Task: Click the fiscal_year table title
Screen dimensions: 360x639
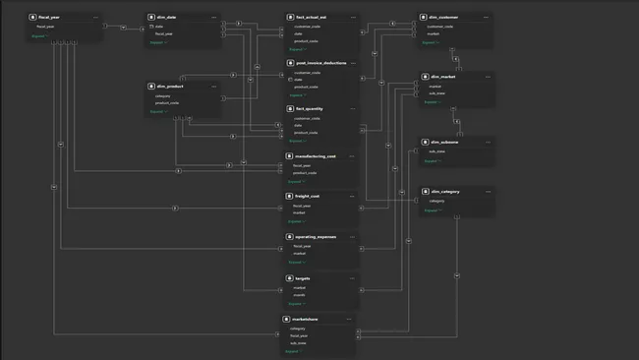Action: click(x=48, y=17)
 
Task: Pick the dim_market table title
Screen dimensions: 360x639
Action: click(x=444, y=76)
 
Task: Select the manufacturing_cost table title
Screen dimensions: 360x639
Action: click(x=317, y=155)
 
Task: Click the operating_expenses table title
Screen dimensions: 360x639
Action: click(x=317, y=237)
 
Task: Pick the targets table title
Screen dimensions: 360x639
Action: click(x=300, y=278)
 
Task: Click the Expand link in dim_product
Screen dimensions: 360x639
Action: click(x=160, y=112)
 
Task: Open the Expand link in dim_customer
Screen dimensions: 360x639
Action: click(x=434, y=43)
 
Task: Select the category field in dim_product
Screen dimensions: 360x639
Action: click(x=164, y=96)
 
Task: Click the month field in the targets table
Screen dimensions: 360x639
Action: click(x=299, y=295)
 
